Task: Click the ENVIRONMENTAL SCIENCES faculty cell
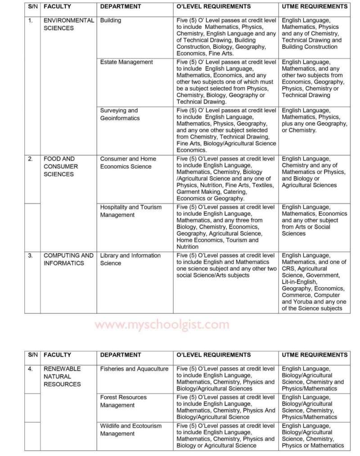pos(68,24)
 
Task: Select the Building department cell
pos(111,21)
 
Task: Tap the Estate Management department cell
pos(126,62)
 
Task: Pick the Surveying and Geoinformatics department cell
pos(120,114)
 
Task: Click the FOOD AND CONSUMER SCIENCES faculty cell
pos(61,166)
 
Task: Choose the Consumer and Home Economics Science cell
pos(128,163)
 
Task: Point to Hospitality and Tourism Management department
pos(130,211)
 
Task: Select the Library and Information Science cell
pos(130,259)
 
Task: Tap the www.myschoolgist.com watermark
pos(162,325)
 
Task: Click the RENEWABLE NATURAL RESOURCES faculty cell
pos(62,376)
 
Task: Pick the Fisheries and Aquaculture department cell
pos(134,369)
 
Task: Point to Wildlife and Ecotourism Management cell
pos(130,429)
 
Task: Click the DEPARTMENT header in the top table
pos(120,7)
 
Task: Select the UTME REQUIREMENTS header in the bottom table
pos(315,355)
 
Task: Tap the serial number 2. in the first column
pos(30,159)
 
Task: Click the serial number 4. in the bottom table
pos(30,369)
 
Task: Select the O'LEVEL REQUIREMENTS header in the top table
pos(213,7)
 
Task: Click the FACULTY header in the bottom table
pos(58,355)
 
